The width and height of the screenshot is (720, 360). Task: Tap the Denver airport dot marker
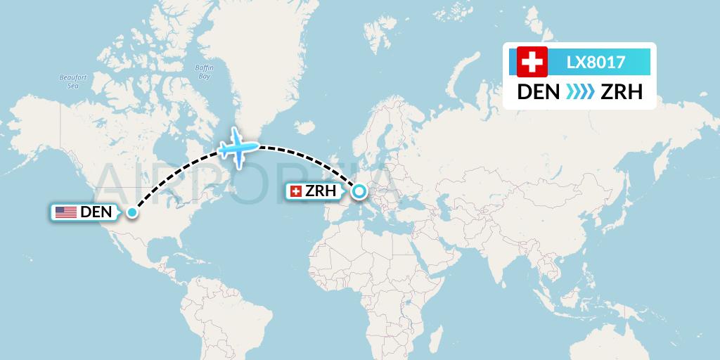(x=131, y=212)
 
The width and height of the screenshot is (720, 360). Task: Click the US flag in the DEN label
(x=66, y=212)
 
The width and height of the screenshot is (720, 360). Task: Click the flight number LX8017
(x=596, y=63)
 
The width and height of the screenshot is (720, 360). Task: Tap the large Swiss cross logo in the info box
(x=532, y=63)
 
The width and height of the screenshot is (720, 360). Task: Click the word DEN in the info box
(x=539, y=92)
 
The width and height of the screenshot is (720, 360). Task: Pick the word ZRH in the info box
(x=622, y=92)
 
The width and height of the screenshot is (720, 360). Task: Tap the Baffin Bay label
(x=204, y=72)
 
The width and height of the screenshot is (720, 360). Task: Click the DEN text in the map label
(x=96, y=212)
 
